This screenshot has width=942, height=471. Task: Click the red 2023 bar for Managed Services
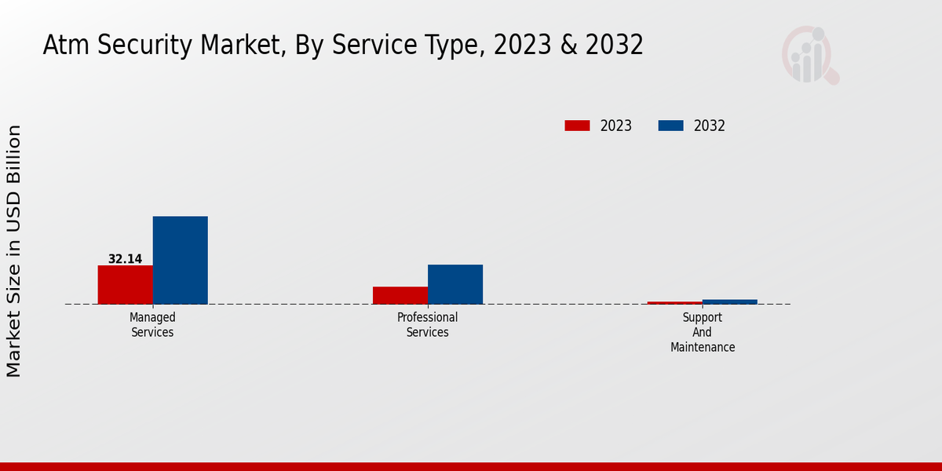pyautogui.click(x=125, y=284)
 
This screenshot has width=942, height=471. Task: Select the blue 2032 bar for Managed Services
pyautogui.click(x=180, y=260)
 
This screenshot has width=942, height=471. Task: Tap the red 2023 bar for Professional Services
pyautogui.click(x=400, y=295)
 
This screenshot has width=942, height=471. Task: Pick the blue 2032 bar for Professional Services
pyautogui.click(x=455, y=284)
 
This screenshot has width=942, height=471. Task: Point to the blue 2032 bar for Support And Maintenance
pyautogui.click(x=729, y=301)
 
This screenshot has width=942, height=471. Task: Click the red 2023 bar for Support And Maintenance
pyautogui.click(x=674, y=302)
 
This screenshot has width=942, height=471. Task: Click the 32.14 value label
pyautogui.click(x=125, y=259)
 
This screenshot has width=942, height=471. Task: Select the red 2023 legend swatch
pyautogui.click(x=577, y=126)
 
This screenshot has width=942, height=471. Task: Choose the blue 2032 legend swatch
pyautogui.click(x=670, y=126)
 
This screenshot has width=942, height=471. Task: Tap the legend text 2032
pyautogui.click(x=709, y=126)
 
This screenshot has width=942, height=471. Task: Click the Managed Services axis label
pyautogui.click(x=152, y=325)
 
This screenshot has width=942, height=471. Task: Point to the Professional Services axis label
pyautogui.click(x=427, y=325)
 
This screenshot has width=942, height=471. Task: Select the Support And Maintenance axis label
pyautogui.click(x=703, y=332)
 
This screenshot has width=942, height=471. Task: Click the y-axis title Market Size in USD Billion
pyautogui.click(x=14, y=251)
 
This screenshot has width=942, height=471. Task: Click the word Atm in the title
pyautogui.click(x=59, y=46)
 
